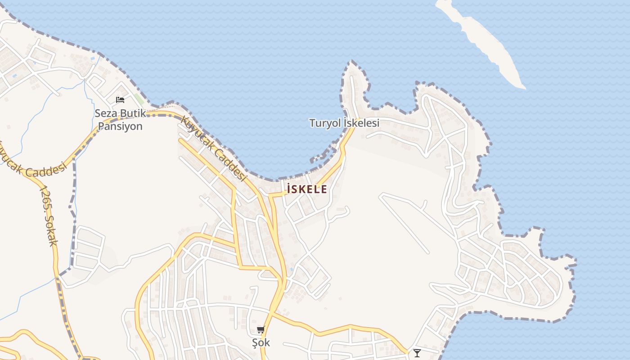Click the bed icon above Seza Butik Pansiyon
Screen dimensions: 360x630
tap(120, 99)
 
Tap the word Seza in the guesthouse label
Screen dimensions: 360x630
tap(104, 113)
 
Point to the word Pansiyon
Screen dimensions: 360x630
tap(120, 126)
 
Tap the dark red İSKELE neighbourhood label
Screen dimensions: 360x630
tap(307, 189)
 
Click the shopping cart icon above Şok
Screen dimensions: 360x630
tap(261, 330)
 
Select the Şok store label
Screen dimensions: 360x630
tap(261, 342)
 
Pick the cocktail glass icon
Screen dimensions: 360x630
tap(417, 353)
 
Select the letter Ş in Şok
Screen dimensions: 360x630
tap(255, 342)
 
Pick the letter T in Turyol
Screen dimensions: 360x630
tap(312, 123)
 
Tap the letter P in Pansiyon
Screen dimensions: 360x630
tap(101, 126)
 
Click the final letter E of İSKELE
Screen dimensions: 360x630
tap(324, 189)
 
